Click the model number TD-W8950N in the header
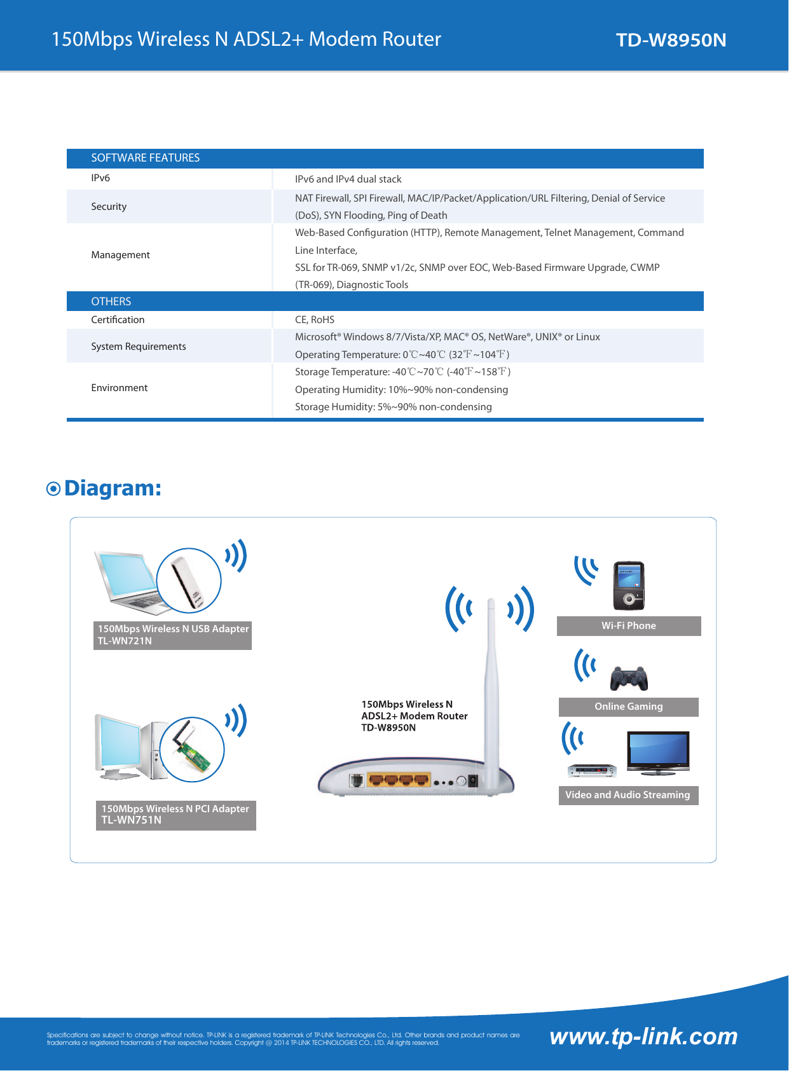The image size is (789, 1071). click(x=671, y=40)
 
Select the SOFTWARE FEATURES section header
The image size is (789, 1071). click(x=145, y=158)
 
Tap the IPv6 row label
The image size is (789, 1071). click(x=100, y=178)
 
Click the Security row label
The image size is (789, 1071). click(x=109, y=207)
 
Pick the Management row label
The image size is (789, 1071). click(x=120, y=255)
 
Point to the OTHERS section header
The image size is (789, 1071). click(x=111, y=301)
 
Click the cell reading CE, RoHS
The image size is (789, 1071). click(x=315, y=320)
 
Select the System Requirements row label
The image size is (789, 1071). click(x=139, y=347)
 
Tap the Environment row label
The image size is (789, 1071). click(x=119, y=388)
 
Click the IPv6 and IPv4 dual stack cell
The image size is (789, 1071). click(x=348, y=179)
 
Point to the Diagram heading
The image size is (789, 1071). click(x=113, y=488)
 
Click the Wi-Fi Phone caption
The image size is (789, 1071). click(x=629, y=626)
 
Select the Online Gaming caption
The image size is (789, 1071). click(x=628, y=707)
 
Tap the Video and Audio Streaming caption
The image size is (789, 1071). click(x=628, y=795)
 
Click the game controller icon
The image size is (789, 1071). click(x=629, y=678)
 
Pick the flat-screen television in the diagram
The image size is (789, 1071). click(x=658, y=752)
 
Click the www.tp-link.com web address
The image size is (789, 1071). click(x=643, y=1037)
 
